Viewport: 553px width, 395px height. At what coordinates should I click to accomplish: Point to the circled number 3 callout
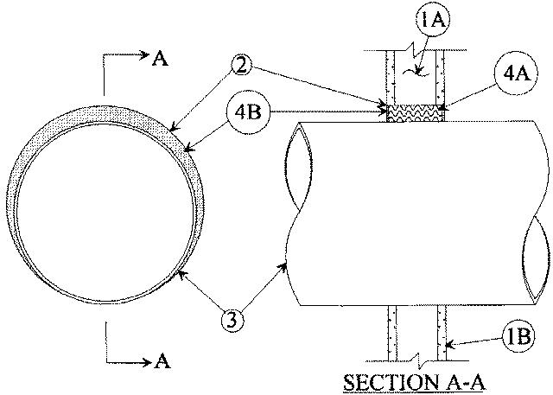pos(231,319)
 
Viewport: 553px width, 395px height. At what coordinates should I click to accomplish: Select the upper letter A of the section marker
pos(159,58)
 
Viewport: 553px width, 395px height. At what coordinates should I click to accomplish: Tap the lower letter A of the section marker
pos(159,362)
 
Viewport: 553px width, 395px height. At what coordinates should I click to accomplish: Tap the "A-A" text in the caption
pos(438,382)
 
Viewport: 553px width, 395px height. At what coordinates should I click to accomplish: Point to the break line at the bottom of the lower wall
pos(414,359)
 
